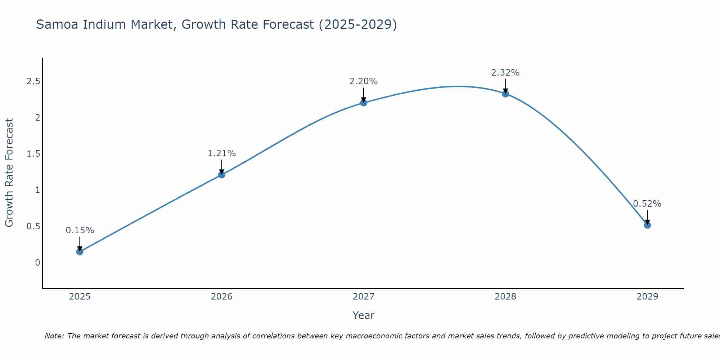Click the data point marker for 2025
[80, 252]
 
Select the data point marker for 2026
[221, 175]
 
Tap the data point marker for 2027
[364, 103]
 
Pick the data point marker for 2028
[505, 94]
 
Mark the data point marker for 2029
[647, 225]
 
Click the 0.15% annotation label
[80, 230]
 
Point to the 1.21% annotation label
[221, 153]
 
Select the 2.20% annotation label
[364, 81]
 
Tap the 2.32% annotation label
[505, 73]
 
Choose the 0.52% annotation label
[647, 204]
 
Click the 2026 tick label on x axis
[221, 297]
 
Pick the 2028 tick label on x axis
[505, 297]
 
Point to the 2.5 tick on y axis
[33, 81]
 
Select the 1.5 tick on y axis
[33, 154]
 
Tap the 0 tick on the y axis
[37, 263]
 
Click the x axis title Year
[364, 315]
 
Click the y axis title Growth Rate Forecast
[9, 173]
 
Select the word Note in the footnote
[54, 336]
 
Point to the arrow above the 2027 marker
[364, 94]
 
